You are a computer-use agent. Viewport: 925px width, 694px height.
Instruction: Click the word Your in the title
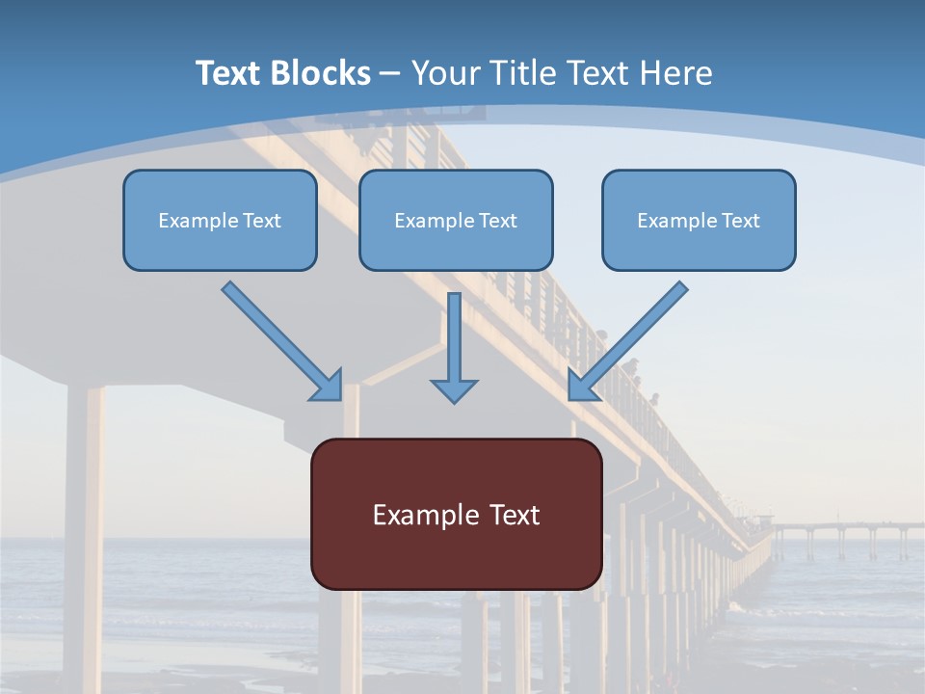coord(444,73)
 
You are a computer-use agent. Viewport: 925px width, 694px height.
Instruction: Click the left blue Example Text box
coord(220,220)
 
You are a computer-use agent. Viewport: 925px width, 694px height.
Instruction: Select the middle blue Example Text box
coord(456,220)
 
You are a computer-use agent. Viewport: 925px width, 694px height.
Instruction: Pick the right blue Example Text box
coord(699,220)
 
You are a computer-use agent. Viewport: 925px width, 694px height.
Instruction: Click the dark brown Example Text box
coord(456,514)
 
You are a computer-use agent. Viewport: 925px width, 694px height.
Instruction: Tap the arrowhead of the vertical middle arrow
coord(454,390)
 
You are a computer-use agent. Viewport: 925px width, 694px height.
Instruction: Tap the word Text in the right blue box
coord(739,221)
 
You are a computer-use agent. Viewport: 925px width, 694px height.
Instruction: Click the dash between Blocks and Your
coord(390,74)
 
